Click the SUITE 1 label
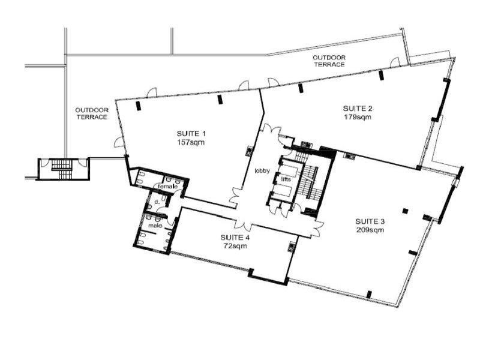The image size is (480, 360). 191,133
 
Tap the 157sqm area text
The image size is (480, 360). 191,142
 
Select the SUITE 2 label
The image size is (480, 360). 358,109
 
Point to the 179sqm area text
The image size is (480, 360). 358,117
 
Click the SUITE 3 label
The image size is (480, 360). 370,221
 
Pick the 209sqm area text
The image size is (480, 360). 370,230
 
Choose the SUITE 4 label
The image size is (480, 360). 235,237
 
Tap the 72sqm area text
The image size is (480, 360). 235,246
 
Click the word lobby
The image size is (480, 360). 262,170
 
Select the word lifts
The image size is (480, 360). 286,179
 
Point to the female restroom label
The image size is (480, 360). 167,186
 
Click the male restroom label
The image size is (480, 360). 155,226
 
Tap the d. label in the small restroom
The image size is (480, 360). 157,202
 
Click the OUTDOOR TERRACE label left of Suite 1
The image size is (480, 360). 92,113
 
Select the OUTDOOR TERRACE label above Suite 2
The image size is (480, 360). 329,61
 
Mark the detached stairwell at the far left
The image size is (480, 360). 63,169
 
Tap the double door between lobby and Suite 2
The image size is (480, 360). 272,130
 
